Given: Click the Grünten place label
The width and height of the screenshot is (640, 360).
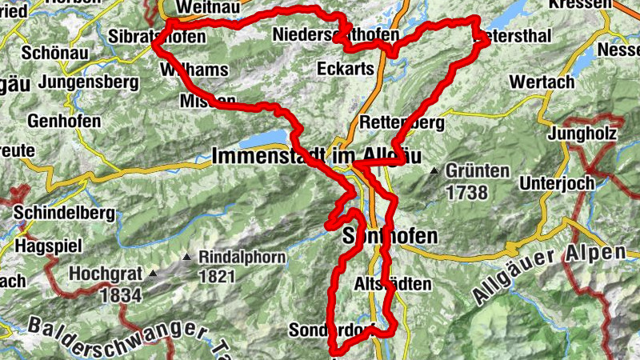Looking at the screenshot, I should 478,171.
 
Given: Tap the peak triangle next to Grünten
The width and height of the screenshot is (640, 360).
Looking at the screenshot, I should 434,170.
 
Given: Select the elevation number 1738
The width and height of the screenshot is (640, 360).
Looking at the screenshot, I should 467,192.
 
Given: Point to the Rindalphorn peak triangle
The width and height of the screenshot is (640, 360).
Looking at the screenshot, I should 186,258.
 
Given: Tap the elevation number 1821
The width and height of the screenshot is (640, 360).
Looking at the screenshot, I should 217,278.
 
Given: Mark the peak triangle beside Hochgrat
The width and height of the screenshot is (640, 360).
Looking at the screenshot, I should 153,274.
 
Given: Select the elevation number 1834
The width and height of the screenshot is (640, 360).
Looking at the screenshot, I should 121,294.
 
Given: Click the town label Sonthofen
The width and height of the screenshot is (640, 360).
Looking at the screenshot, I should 390,236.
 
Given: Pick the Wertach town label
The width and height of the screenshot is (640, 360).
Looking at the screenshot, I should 542,82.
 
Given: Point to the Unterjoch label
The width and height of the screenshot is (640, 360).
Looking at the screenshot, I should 557,183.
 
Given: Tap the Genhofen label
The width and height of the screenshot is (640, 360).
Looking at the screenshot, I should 64,122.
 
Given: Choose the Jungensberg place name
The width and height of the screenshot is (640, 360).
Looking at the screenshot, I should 84,82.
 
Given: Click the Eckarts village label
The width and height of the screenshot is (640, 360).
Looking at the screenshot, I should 346,69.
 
